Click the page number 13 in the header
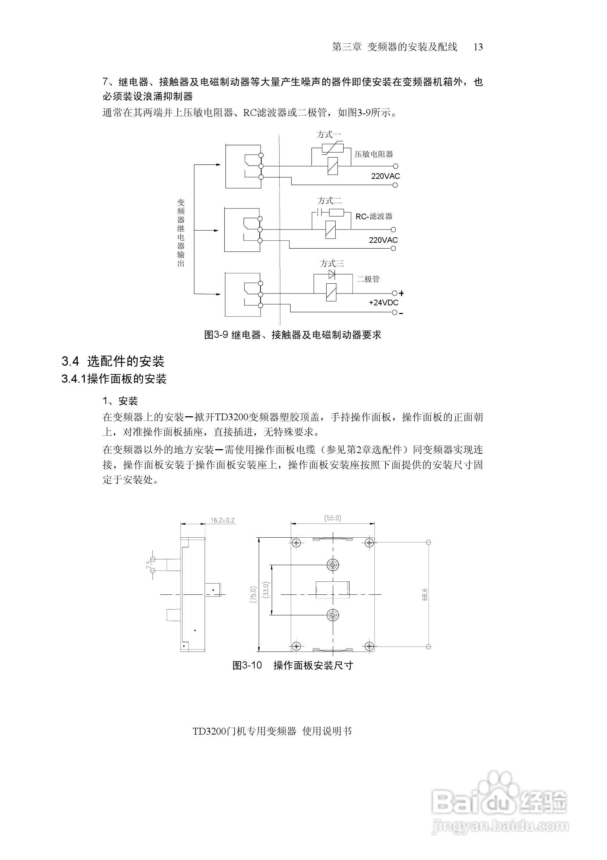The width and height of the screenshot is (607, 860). coord(478,47)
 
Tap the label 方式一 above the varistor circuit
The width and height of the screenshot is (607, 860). coord(329,134)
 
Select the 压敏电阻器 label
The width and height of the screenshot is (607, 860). coord(374,154)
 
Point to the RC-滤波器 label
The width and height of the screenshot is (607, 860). coord(374,216)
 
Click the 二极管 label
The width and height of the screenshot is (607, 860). coord(368,279)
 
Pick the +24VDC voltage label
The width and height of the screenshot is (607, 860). coord(383,303)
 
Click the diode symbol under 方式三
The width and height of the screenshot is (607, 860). coord(332,274)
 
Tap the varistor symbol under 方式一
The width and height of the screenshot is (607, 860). coord(332,147)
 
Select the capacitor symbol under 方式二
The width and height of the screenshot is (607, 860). coord(320,213)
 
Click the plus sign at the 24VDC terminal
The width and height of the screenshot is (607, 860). coord(402,293)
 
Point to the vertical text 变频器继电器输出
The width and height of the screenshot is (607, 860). coord(181,233)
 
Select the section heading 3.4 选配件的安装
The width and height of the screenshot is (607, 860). coord(113,361)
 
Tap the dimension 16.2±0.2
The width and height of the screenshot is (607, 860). coord(223,520)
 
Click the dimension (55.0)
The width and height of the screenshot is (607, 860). coord(332,518)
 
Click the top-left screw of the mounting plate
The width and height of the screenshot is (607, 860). coord(297,542)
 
